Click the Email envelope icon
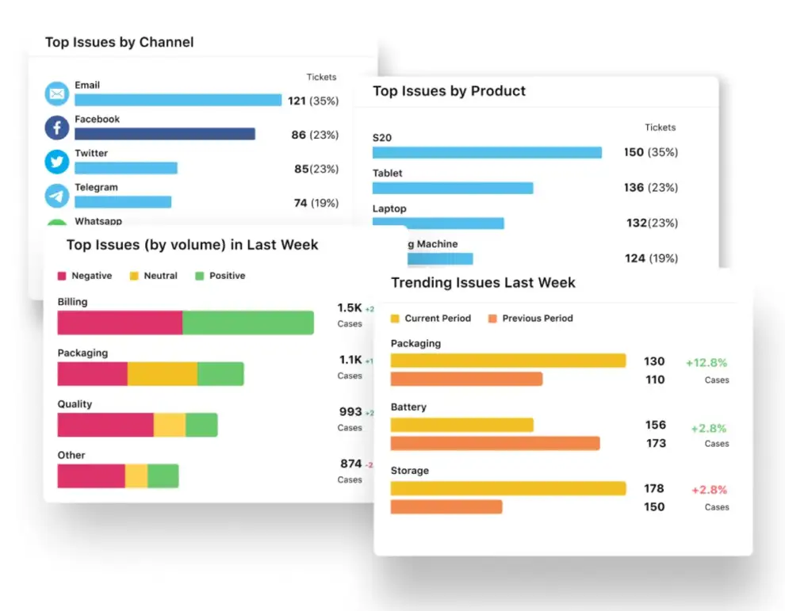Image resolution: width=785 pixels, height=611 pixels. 57,94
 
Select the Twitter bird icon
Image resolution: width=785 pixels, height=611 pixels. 57,162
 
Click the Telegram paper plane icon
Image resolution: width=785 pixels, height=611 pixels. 57,196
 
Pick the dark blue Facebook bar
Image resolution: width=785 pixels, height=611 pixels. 165,134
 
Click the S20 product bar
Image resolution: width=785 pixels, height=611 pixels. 487,152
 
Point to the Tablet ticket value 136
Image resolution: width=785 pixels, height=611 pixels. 634,188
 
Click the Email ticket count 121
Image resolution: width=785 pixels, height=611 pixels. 297,101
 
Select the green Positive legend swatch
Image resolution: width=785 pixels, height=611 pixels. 200,276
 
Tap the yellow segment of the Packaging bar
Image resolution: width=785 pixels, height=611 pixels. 162,374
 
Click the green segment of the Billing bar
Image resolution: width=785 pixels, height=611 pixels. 248,323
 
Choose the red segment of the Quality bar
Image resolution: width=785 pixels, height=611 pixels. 105,425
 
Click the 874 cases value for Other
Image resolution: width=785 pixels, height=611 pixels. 350,464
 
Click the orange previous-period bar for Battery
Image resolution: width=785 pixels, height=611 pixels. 495,443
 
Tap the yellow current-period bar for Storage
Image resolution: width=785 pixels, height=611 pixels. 508,488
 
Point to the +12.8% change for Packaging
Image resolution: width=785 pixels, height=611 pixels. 706,363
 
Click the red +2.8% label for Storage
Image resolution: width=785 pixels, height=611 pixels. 708,490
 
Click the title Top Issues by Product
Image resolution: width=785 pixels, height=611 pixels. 449,91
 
